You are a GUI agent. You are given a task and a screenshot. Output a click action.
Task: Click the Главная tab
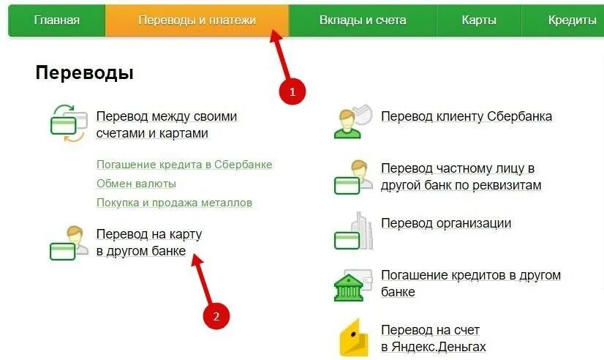(56, 20)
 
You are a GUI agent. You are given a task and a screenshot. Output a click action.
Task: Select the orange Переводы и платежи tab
(197, 20)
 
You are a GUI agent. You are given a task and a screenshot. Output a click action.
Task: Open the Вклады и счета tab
(362, 20)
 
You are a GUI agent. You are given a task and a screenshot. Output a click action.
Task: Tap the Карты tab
(479, 20)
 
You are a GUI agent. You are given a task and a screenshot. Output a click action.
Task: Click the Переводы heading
(84, 73)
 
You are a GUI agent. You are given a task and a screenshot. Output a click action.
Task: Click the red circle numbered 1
(292, 91)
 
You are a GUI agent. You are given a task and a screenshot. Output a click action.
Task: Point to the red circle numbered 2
(215, 316)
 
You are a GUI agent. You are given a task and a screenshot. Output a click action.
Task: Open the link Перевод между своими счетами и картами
(167, 125)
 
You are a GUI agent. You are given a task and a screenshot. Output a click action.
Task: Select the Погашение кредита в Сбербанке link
(184, 165)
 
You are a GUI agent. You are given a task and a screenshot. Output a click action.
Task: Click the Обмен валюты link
(136, 184)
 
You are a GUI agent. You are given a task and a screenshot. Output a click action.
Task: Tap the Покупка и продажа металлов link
(174, 203)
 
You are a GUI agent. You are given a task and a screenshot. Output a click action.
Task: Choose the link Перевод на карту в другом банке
(149, 243)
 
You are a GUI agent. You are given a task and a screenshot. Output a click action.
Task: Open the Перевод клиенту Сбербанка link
(466, 116)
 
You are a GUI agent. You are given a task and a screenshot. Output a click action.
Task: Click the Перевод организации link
(445, 223)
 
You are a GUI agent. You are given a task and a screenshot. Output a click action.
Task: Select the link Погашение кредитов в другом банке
(470, 283)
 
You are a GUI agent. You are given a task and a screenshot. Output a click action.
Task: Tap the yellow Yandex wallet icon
(353, 338)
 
